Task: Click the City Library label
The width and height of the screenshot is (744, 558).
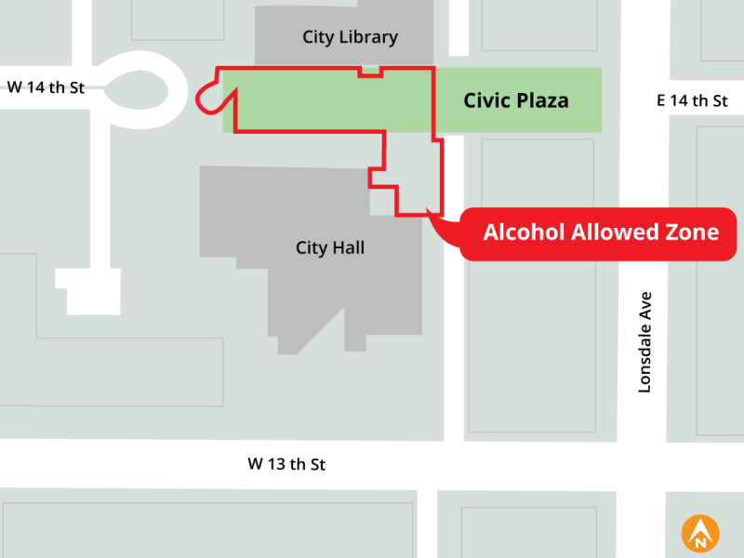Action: (350, 38)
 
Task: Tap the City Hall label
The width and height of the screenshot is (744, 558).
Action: (330, 248)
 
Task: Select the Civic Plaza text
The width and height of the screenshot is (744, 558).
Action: (516, 100)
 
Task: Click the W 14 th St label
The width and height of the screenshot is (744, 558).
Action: (46, 88)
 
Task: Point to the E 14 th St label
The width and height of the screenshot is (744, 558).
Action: (692, 101)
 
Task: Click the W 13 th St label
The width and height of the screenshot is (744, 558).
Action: (286, 463)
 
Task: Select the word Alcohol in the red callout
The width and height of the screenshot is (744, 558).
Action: (524, 232)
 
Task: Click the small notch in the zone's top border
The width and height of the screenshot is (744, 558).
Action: (370, 71)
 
